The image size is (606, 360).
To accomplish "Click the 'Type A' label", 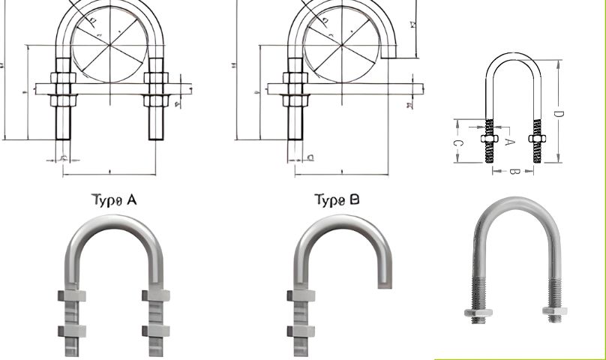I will tap(114, 200).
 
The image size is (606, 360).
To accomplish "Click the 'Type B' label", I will tap(337, 200).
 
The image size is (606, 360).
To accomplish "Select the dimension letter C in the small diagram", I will tap(459, 142).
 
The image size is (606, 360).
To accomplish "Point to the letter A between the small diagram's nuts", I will tap(510, 140).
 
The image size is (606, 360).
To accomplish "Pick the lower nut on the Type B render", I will tap(295, 330).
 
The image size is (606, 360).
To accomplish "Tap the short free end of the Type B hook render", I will tap(384, 277).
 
